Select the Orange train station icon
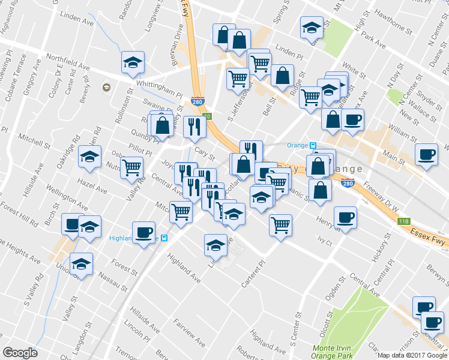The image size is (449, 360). tap(312, 145)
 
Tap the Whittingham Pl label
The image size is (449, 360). tap(159, 89)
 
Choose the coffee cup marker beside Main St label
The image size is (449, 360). tap(426, 155)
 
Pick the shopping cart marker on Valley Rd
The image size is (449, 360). tap(131, 167)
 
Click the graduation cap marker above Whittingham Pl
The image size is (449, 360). tap(133, 62)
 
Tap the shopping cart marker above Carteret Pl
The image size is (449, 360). tap(280, 225)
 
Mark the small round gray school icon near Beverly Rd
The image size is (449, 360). tap(106, 88)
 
